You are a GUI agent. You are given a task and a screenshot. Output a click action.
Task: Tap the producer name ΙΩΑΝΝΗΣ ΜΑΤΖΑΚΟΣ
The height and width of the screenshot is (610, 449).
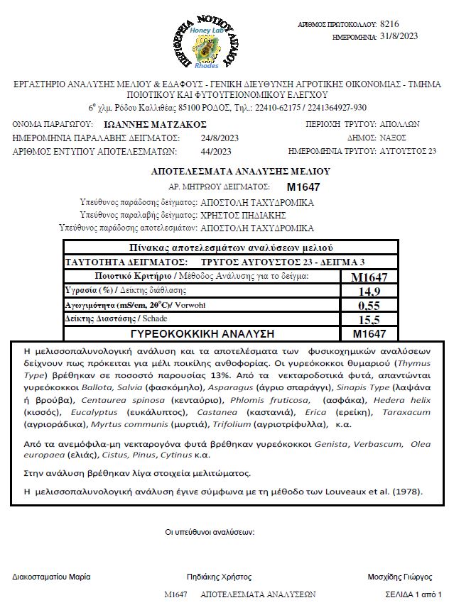134,124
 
